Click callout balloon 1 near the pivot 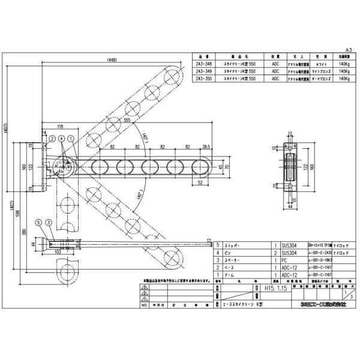tap(71, 138)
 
